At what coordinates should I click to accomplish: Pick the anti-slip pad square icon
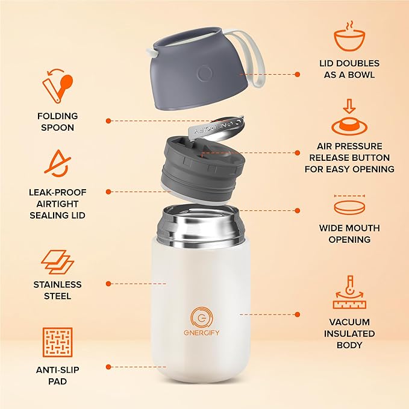click(x=58, y=342)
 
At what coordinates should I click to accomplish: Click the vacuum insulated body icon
click(x=349, y=293)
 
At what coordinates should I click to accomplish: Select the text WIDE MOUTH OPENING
click(x=349, y=234)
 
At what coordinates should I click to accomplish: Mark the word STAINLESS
click(x=57, y=284)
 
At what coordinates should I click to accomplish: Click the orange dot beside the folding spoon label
click(x=108, y=120)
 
